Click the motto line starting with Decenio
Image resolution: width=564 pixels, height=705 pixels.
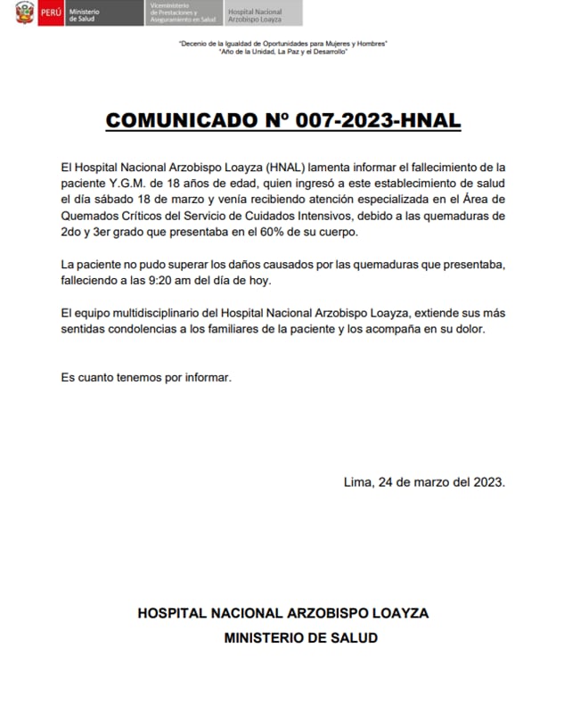(x=282, y=45)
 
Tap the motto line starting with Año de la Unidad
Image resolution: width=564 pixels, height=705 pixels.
(x=282, y=52)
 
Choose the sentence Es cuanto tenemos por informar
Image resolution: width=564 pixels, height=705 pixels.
(x=146, y=377)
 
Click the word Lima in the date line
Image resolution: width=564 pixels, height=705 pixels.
(x=358, y=482)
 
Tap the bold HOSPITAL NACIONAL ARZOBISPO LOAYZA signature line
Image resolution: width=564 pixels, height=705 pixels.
(x=282, y=613)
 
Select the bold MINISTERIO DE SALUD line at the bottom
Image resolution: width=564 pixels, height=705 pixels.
(x=300, y=637)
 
